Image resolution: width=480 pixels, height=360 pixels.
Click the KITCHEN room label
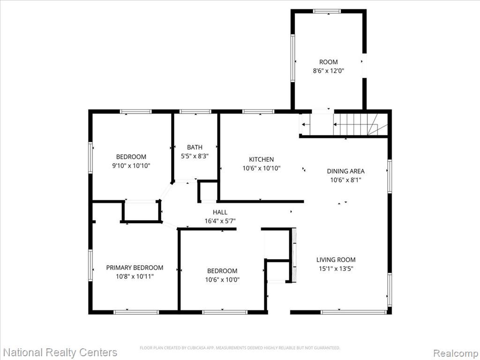261,159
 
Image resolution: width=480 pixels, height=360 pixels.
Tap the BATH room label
195,147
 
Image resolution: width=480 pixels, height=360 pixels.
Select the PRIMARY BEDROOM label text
135,268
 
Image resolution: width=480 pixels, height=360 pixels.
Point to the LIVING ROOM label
336,260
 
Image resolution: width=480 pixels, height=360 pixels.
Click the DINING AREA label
345,171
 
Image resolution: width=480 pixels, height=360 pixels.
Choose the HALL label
220,212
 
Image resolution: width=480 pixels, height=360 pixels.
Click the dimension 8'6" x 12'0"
329,71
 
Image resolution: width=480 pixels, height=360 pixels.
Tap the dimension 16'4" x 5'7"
220,221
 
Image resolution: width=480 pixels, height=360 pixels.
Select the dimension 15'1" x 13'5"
336,269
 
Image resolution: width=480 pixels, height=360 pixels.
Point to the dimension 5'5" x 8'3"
195,156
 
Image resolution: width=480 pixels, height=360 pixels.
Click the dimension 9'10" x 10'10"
131,166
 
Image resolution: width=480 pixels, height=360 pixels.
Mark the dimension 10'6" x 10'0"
222,280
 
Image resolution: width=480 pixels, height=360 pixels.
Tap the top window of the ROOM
327,11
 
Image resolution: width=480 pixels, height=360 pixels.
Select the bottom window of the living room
353,312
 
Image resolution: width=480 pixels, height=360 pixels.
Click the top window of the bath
195,112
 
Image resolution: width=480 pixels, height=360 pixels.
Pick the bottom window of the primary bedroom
136,312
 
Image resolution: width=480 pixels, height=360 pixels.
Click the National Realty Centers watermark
60,352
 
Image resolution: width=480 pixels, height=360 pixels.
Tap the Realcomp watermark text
456,352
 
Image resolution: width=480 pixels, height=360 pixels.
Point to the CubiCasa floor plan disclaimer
240,348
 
